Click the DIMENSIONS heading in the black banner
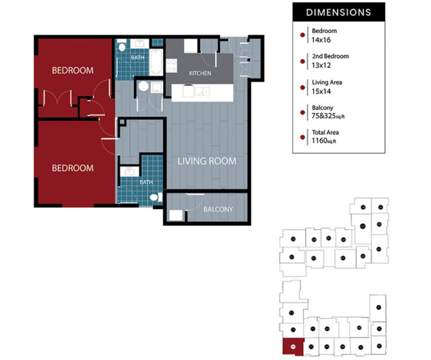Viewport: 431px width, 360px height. (x=338, y=12)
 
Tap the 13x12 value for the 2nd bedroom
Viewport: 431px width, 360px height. (x=321, y=66)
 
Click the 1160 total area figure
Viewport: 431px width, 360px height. (x=319, y=142)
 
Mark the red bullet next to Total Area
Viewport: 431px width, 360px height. (x=301, y=137)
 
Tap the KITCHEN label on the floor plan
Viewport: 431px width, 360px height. (x=200, y=73)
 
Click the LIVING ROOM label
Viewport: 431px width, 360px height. (x=207, y=161)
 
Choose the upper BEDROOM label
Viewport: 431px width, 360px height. (x=73, y=70)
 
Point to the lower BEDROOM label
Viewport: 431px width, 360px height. (x=73, y=168)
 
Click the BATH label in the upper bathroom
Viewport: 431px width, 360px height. (x=137, y=58)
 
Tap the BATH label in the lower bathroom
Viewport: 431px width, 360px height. (x=145, y=182)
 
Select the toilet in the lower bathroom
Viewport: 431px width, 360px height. (x=155, y=197)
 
